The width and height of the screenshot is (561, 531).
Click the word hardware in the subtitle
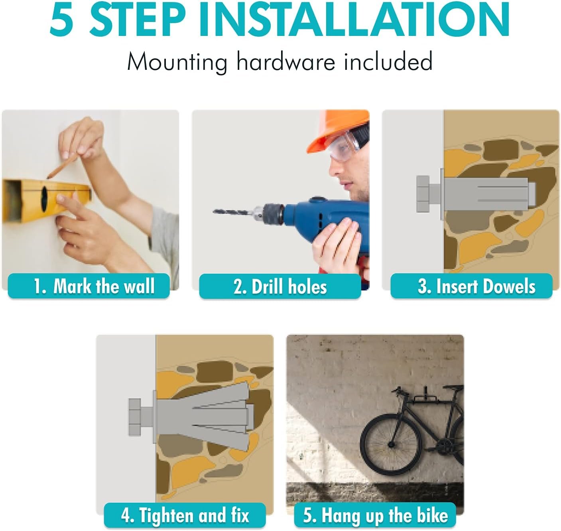coord(285,61)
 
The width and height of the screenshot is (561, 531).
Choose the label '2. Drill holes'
coord(280,286)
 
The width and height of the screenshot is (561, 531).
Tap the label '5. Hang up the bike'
coord(375,515)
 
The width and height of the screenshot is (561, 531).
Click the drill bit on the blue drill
coord(232,212)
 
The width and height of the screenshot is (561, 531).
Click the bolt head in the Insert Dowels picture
coord(423,194)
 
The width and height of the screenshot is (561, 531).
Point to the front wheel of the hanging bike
coord(391,444)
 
